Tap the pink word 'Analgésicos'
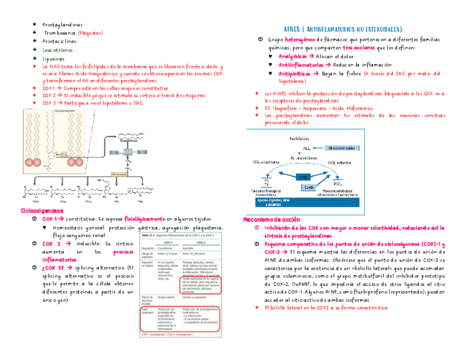point(293,56)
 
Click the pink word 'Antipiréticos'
point(296,73)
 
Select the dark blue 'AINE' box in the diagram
point(302,177)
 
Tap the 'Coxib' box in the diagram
point(309,187)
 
